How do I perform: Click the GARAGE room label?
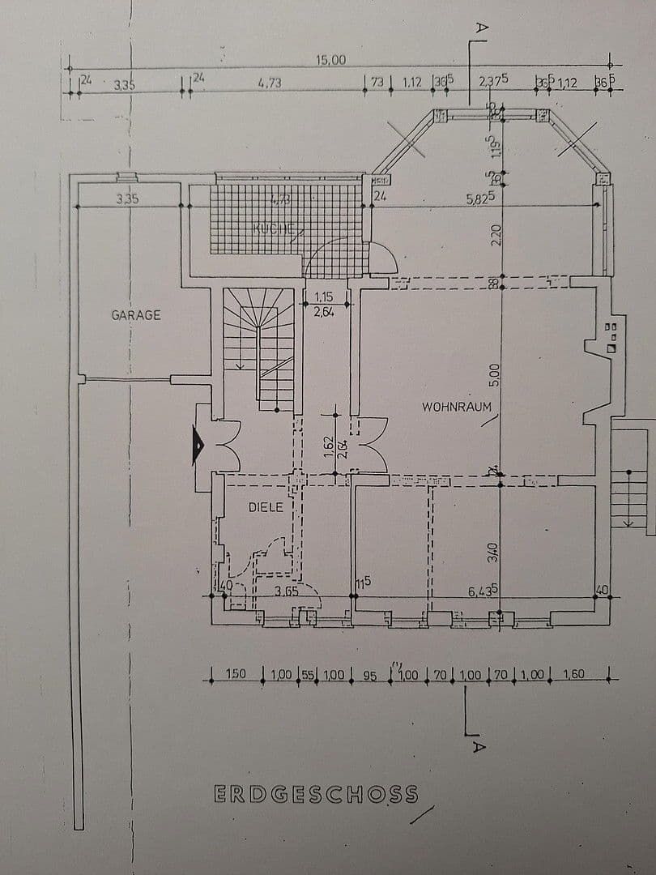136,314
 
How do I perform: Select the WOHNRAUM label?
457,407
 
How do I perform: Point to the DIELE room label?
266,507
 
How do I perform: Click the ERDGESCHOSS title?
316,793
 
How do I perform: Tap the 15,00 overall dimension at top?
330,60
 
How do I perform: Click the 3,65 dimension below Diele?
286,591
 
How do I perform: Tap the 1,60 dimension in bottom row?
573,674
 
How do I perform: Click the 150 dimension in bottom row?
236,674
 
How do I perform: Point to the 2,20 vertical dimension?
496,236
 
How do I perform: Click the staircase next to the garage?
258,348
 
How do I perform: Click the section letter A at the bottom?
478,746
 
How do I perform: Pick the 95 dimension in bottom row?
369,675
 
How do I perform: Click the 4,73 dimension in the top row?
269,83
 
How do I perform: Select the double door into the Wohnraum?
369,444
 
